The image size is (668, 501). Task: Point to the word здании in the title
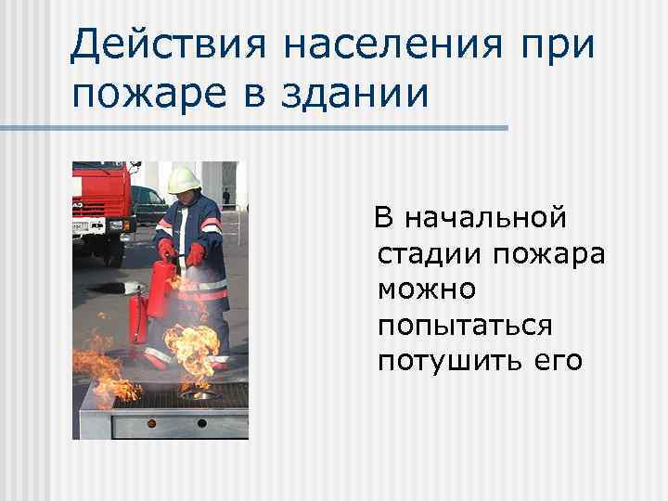356,93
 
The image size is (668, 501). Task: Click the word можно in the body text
427,289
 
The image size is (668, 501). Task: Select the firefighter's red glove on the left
167,249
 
